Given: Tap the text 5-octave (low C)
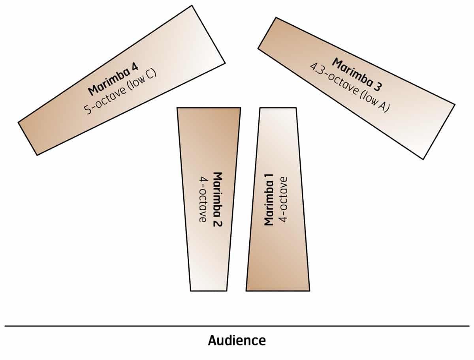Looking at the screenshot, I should click(x=121, y=91).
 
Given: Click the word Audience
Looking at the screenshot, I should click(x=237, y=340).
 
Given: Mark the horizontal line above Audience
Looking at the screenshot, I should click(x=237, y=326).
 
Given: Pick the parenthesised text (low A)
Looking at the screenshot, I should click(x=373, y=101).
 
